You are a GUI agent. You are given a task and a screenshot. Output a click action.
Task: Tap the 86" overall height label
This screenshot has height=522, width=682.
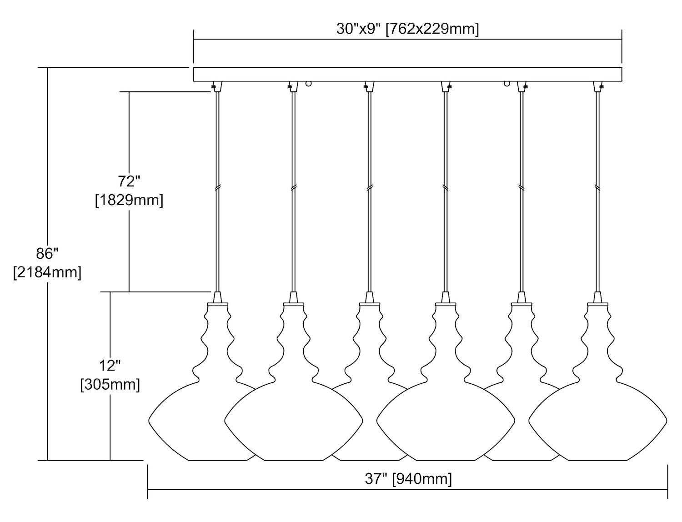coord(47,253)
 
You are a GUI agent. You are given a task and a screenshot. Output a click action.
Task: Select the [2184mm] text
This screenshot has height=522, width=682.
coord(47,272)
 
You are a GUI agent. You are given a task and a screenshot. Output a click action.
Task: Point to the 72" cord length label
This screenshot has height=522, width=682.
coord(129,181)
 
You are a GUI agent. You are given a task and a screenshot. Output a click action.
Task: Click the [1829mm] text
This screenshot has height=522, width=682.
coord(129,200)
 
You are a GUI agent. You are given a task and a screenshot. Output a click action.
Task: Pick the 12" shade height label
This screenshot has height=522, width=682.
coord(110,365)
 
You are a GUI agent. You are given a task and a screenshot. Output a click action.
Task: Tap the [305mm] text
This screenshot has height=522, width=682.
coord(110,385)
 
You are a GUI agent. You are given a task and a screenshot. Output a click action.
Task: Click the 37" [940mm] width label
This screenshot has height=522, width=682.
coord(408,478)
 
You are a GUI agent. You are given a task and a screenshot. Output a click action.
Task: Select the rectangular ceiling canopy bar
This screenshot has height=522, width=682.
coord(407,74)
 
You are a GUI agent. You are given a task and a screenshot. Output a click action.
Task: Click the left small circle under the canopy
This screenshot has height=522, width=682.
coord(309,84)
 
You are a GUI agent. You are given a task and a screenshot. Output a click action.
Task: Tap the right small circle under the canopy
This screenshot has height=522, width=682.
coord(506,84)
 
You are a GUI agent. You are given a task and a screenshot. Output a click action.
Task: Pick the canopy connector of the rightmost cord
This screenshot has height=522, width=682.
coord(597,86)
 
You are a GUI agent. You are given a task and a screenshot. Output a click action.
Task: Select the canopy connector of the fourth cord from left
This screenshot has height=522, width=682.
coord(446,86)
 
